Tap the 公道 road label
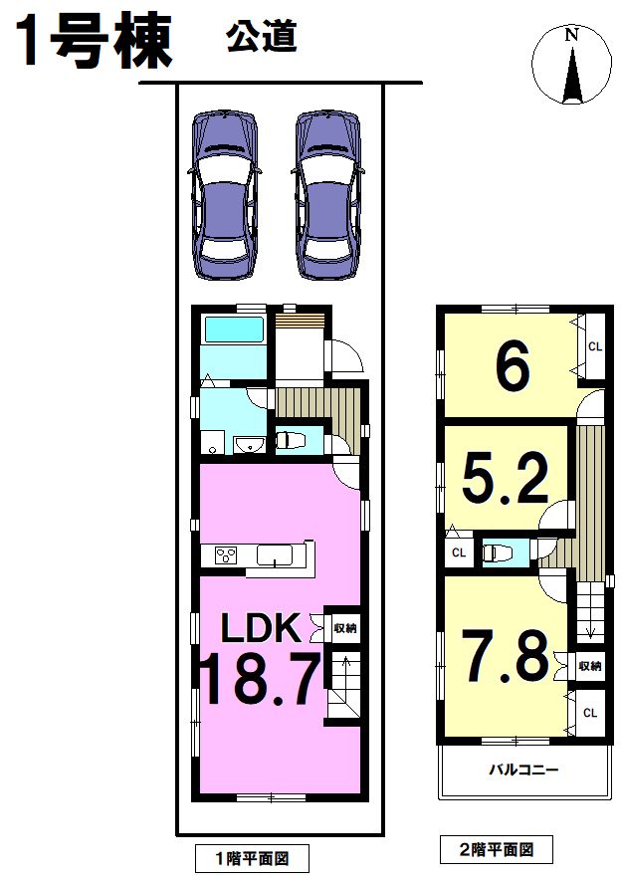pos(261,37)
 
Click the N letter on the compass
pos(571,36)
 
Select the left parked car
pos(225,195)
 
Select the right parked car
pos(327,195)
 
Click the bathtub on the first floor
pos(234,330)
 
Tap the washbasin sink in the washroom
pos(250,445)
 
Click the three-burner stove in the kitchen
pos(226,555)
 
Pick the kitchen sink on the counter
pos(275,555)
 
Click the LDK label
pos(261,628)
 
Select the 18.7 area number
pos(261,678)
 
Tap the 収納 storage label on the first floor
pos(345,628)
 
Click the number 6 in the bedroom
pos(513,366)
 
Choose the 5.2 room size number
pos(505,478)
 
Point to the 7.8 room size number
pos(505,655)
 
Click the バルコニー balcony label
pos(523,769)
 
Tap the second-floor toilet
pos(498,552)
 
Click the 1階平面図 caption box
pos(253,859)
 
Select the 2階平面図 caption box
pos(496,850)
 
